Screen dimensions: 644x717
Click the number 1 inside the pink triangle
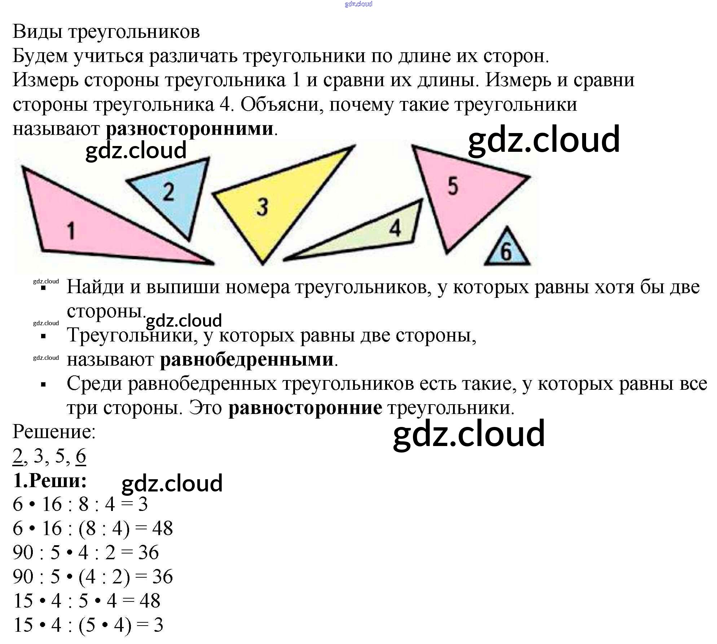(71, 231)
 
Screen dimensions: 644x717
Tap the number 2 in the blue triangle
(168, 192)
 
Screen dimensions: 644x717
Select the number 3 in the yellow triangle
(262, 207)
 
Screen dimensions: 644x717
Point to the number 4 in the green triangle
(395, 228)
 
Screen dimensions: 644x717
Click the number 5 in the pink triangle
(453, 186)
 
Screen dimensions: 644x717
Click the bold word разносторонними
(190, 129)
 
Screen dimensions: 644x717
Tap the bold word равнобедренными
(247, 360)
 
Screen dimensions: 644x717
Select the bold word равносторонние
(305, 408)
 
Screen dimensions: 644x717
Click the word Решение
(54, 432)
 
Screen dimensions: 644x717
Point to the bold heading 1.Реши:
(50, 480)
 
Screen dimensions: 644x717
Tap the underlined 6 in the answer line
(81, 456)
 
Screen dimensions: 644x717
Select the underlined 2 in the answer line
(18, 456)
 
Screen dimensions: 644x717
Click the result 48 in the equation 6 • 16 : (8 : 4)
(162, 529)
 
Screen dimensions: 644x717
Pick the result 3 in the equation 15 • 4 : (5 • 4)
(158, 625)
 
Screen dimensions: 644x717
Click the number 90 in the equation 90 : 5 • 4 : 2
(23, 552)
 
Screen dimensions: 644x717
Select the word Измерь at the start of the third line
(45, 80)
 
